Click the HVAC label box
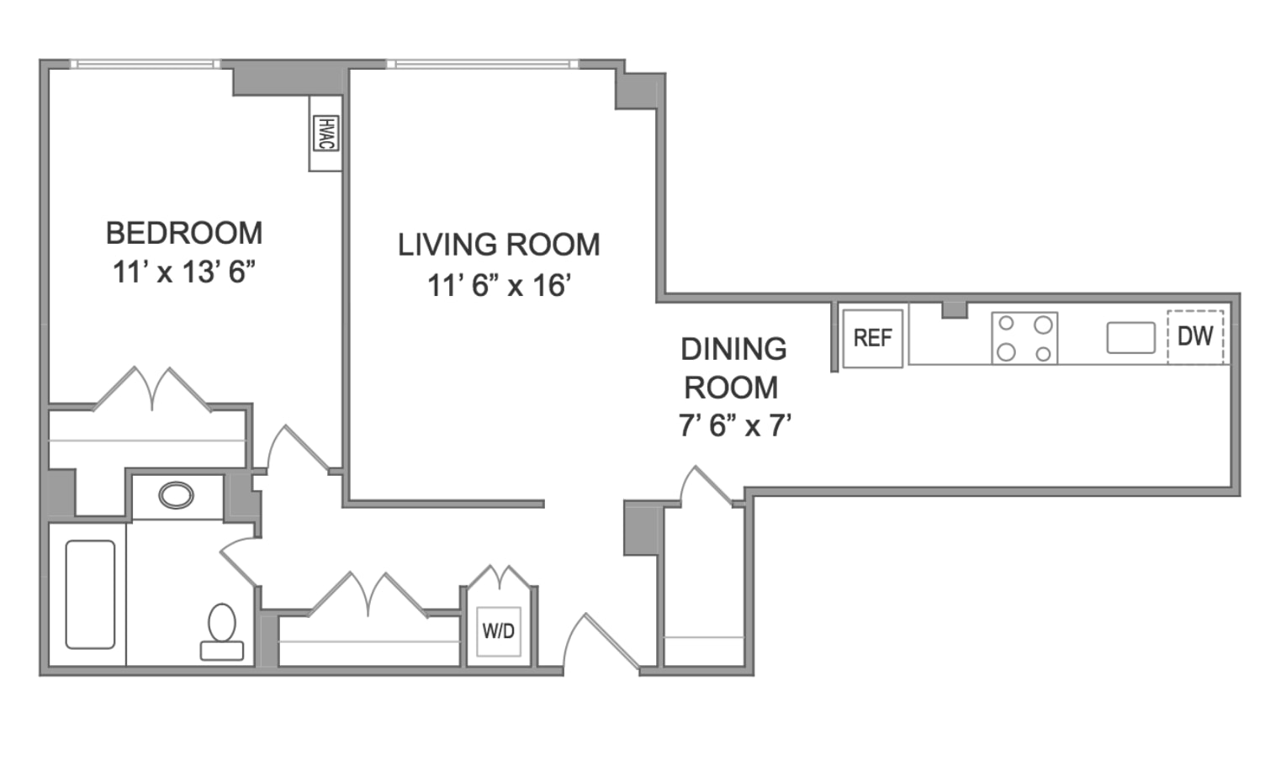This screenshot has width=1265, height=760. pyautogui.click(x=326, y=134)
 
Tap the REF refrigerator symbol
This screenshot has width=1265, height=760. pyautogui.click(x=872, y=338)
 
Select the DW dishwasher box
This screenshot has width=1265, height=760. pyautogui.click(x=1195, y=336)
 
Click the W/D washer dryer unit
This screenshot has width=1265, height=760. pyautogui.click(x=499, y=631)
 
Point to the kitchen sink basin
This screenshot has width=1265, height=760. pyautogui.click(x=1130, y=338)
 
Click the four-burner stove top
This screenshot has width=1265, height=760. pyautogui.click(x=1024, y=338)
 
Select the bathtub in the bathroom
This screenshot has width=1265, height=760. pyautogui.click(x=90, y=594)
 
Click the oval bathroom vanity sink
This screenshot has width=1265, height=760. pyautogui.click(x=176, y=496)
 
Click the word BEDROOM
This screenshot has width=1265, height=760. pyautogui.click(x=184, y=233)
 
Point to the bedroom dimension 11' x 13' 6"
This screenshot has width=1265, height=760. pyautogui.click(x=184, y=272)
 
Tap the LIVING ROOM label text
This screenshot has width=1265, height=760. pyautogui.click(x=499, y=245)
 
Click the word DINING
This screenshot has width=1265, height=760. pyautogui.click(x=733, y=349)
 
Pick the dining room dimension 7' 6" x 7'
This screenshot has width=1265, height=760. pyautogui.click(x=734, y=425)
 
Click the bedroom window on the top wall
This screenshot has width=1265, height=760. pyautogui.click(x=146, y=64)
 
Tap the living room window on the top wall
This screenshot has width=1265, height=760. pyautogui.click(x=483, y=64)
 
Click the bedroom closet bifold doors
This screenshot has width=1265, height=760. pyautogui.click(x=152, y=389)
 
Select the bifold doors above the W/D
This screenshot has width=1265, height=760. pyautogui.click(x=500, y=577)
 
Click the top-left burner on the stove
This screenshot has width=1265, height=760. pyautogui.click(x=1006, y=324)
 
